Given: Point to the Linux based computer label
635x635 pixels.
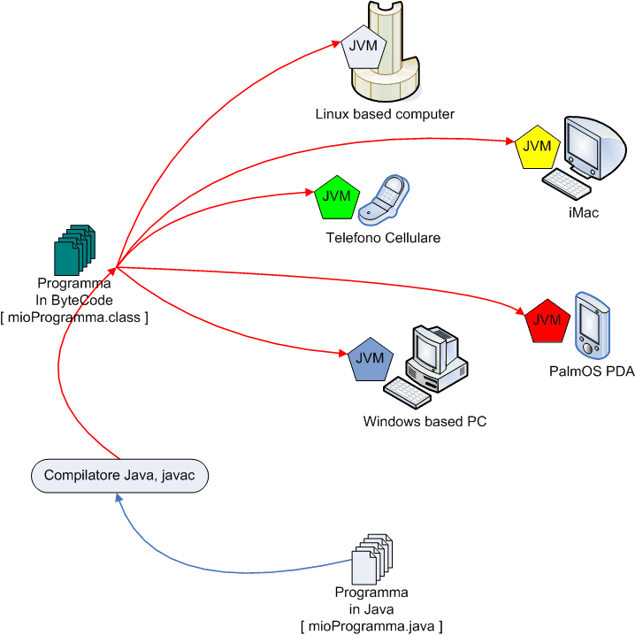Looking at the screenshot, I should point(385,114).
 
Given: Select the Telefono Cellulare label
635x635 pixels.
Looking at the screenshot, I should point(382,238).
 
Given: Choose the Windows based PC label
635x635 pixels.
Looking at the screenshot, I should point(425,422).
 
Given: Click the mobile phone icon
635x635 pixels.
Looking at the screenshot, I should point(386,198).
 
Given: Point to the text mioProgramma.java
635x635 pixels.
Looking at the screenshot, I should point(371,626).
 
